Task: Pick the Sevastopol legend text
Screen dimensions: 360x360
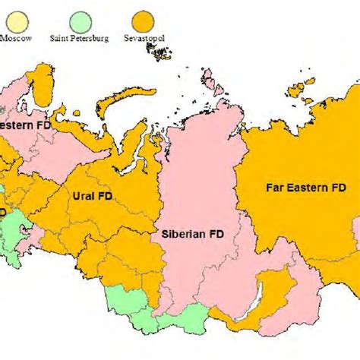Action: [x=144, y=36]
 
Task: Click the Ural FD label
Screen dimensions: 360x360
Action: [x=92, y=196]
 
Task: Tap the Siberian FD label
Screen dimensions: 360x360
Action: [x=192, y=234]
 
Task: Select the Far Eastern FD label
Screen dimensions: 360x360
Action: [x=297, y=186]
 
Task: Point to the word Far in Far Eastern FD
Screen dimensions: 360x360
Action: [x=273, y=186]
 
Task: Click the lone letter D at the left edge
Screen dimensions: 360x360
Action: [x=3, y=213]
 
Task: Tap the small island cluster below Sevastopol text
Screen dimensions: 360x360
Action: [x=158, y=52]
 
